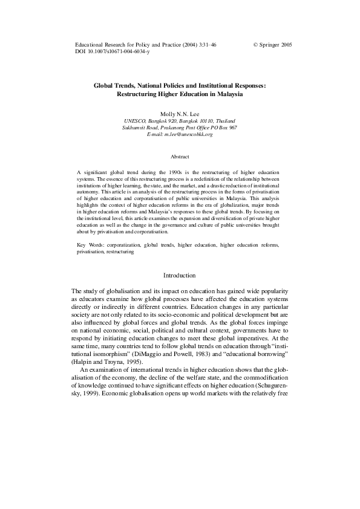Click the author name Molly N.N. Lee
[x=180, y=114]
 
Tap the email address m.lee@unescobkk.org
[x=180, y=134]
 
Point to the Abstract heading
[x=180, y=157]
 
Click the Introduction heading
[x=180, y=276]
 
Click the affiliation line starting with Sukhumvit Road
[x=180, y=128]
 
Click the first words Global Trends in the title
[x=113, y=86]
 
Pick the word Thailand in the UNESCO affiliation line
[x=223, y=121]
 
